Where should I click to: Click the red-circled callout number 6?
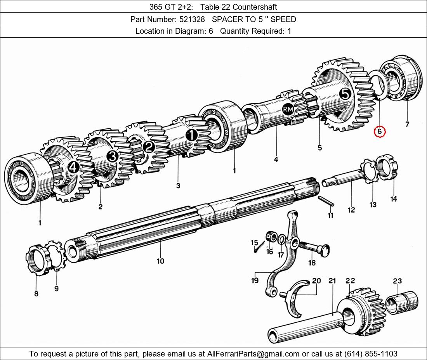click(380, 132)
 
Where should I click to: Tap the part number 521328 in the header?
click(192, 19)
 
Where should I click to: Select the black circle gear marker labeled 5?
click(345, 94)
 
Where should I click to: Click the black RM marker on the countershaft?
click(288, 109)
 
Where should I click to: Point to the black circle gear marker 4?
click(73, 168)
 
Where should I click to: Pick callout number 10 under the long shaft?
click(160, 261)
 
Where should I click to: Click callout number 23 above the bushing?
click(397, 280)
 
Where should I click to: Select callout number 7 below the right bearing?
click(407, 125)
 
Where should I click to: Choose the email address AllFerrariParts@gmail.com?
click(253, 354)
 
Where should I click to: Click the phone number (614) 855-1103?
click(371, 354)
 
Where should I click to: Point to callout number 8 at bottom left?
click(36, 294)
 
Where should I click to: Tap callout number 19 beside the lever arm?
click(255, 280)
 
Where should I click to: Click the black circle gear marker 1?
click(191, 135)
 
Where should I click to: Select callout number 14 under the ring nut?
click(394, 199)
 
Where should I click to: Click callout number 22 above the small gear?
click(350, 280)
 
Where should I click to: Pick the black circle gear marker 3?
click(113, 156)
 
